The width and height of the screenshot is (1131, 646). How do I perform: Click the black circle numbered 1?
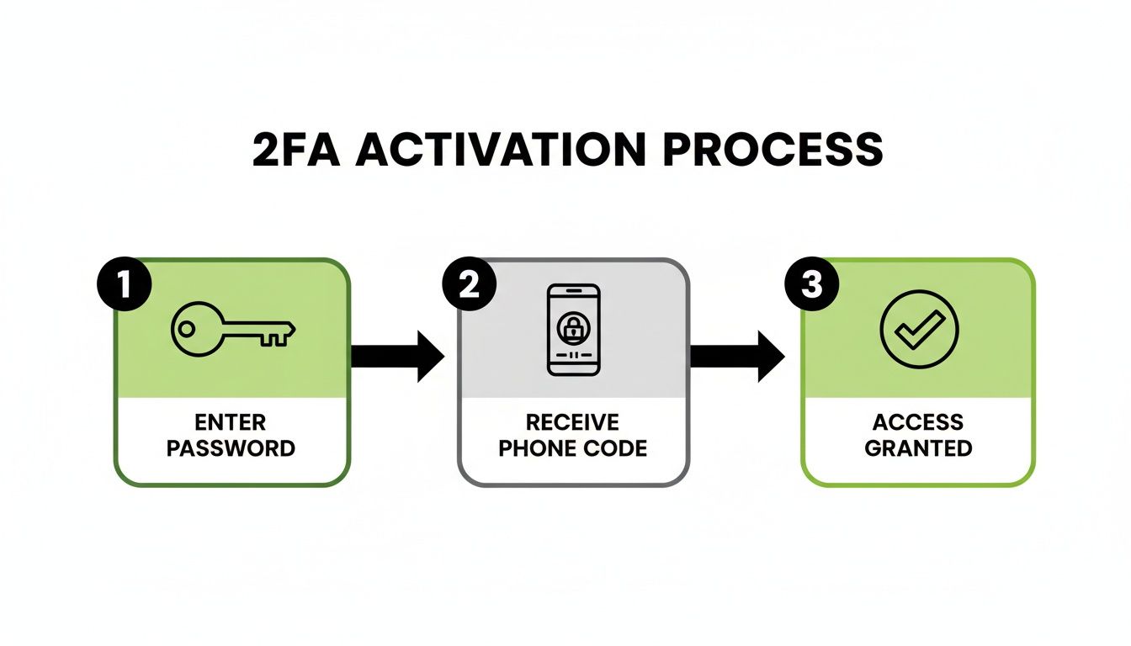(125, 285)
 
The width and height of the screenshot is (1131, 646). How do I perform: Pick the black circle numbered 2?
(468, 285)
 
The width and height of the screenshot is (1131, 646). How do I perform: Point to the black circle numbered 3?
(810, 285)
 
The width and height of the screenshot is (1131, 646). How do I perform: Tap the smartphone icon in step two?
(573, 330)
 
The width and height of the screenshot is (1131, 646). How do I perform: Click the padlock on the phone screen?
(573, 329)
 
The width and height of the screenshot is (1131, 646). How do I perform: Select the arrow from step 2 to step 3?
(737, 357)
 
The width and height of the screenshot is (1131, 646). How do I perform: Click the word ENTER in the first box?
(231, 421)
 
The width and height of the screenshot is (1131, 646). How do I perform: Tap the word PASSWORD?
(231, 447)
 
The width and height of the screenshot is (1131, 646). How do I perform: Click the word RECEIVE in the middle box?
(572, 421)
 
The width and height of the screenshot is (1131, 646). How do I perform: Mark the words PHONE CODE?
(572, 447)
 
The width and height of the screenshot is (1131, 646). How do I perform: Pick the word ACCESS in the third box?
(918, 421)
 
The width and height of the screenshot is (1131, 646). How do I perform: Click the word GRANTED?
(918, 447)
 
